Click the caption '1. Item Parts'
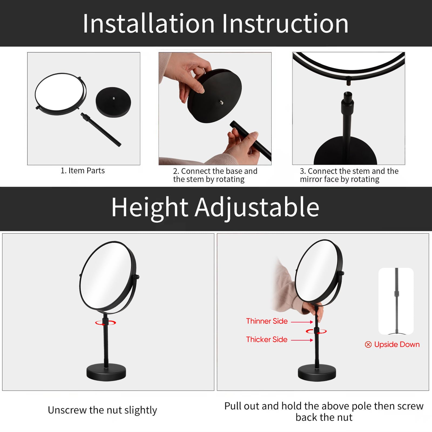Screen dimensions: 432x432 (x=83, y=171)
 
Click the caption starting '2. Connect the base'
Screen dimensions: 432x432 (x=215, y=175)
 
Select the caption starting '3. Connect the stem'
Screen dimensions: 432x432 (x=349, y=175)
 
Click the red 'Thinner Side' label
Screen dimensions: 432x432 (x=267, y=321)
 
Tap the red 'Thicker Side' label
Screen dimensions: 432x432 (x=267, y=340)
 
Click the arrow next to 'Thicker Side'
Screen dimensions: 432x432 (x=302, y=340)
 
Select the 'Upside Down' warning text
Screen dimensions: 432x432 (x=397, y=345)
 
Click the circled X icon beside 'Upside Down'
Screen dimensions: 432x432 (x=368, y=345)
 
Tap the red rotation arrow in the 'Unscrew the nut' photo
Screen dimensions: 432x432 (x=106, y=323)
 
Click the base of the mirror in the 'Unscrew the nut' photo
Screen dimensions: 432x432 (x=106, y=372)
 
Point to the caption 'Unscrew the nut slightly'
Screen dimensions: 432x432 (x=102, y=410)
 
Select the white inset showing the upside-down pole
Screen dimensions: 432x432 (x=396, y=301)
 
